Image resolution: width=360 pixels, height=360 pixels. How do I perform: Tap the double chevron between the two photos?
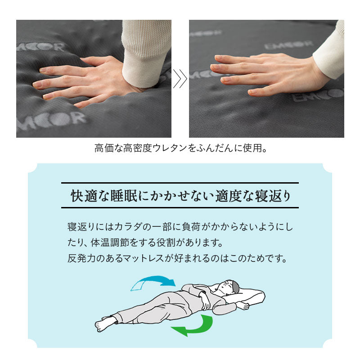[180, 79]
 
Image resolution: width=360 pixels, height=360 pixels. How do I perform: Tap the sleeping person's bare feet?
[104, 323]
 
